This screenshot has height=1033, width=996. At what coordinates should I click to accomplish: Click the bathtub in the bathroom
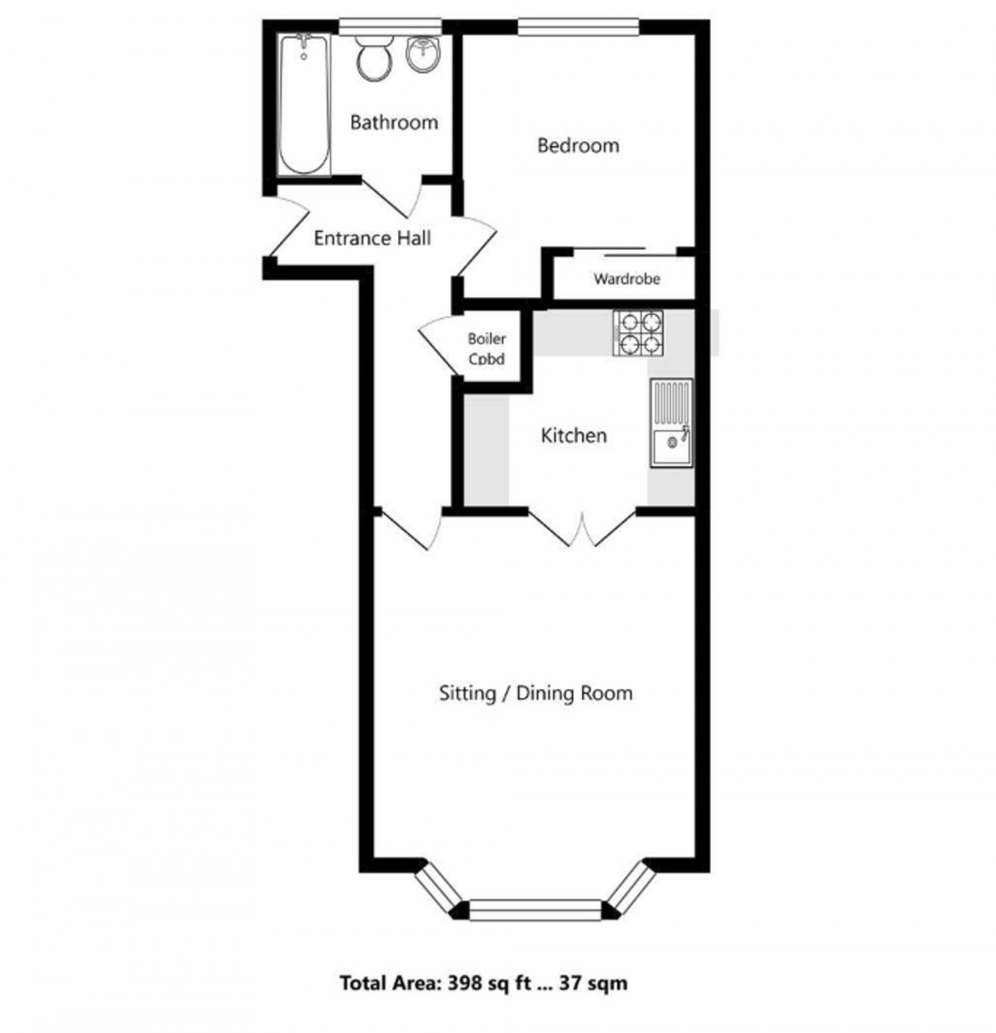tap(304, 105)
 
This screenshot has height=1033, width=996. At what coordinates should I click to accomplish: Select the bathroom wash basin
tap(423, 54)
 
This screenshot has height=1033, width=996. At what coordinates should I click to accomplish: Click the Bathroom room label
tap(394, 122)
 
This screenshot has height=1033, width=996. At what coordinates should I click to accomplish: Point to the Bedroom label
tap(578, 145)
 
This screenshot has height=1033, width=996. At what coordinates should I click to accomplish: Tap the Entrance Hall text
tap(372, 238)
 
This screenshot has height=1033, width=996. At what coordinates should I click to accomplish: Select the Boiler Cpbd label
tap(487, 349)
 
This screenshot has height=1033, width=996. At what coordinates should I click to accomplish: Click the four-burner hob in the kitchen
tap(638, 332)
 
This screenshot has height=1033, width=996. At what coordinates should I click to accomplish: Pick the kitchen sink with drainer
tap(670, 423)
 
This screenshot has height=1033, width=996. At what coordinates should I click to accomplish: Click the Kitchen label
tap(573, 435)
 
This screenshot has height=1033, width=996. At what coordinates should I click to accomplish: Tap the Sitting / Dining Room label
tap(535, 693)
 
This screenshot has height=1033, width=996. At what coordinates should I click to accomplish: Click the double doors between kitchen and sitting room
tap(582, 530)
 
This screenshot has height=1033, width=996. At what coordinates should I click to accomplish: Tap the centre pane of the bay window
tap(535, 909)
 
